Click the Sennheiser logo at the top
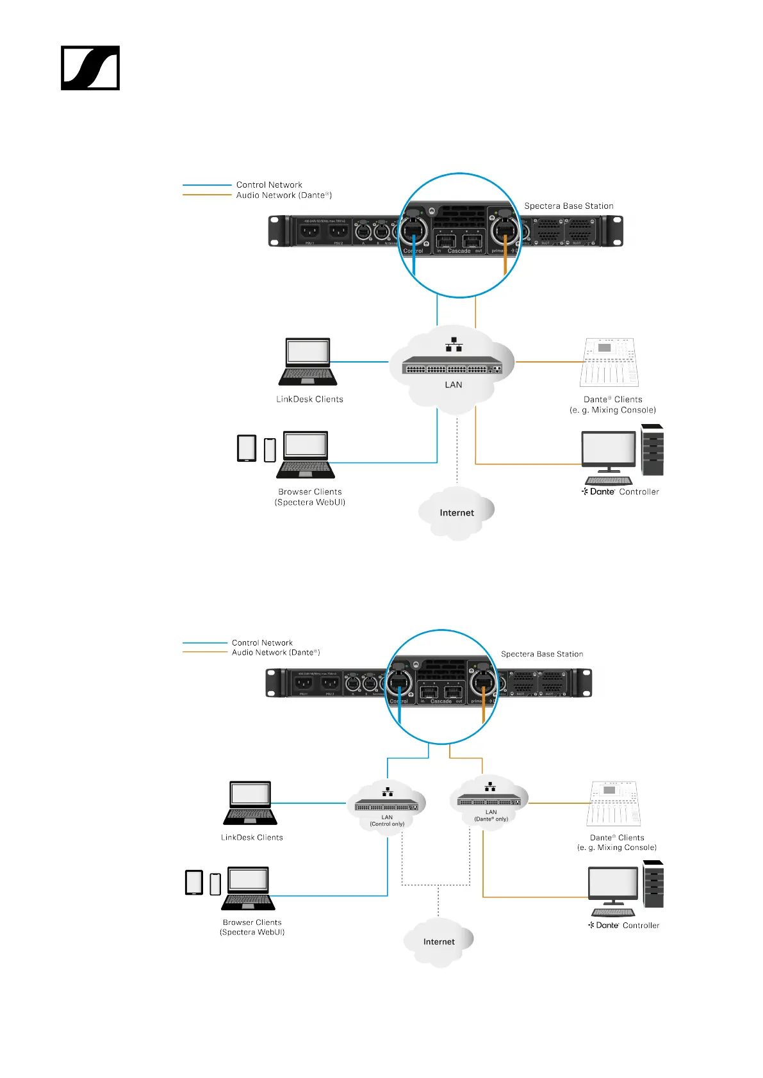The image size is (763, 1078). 90,68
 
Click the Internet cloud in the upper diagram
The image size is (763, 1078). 456,512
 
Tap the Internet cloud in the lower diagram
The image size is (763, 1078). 439,942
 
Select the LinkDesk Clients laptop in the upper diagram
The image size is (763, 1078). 309,362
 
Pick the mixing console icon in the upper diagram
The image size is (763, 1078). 610,363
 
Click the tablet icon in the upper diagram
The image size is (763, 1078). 247,448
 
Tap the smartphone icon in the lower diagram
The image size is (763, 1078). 215,884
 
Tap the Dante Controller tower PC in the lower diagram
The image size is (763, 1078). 653,885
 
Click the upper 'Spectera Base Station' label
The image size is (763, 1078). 569,206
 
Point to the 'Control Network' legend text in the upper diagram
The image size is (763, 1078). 269,184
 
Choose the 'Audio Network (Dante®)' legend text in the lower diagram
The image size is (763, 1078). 275,653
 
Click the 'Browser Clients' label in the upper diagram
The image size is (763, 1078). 310,492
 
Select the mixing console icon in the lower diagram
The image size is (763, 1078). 613,803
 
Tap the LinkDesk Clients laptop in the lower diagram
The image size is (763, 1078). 250,803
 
